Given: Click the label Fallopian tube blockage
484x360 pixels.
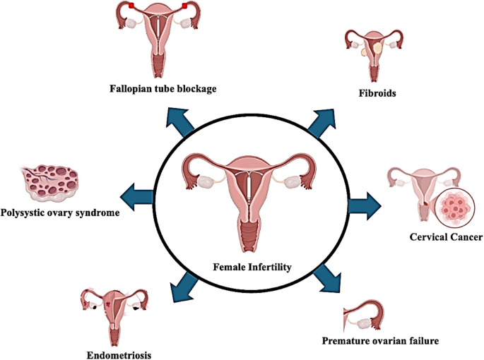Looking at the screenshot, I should (163, 89).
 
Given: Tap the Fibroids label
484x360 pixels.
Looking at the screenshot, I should (377, 93).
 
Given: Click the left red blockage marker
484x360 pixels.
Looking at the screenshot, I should (131, 7).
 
